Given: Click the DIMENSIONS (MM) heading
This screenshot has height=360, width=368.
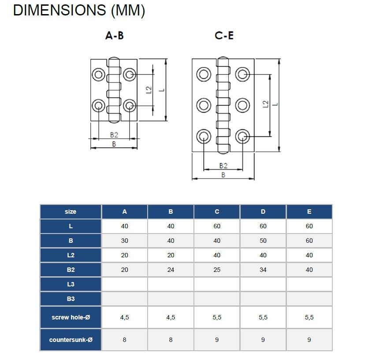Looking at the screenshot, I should (79, 11).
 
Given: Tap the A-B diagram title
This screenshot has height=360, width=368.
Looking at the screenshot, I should (115, 36).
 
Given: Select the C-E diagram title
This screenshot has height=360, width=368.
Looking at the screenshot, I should (224, 36).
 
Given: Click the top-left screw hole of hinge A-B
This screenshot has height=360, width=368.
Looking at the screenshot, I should (98, 74).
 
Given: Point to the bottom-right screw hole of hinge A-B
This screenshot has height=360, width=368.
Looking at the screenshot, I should (130, 106).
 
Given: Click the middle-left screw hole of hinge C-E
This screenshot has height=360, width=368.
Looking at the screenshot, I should (204, 105).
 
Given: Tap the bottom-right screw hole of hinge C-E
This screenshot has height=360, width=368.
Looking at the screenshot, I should (242, 137).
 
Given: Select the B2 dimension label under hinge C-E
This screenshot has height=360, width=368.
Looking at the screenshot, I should (223, 166).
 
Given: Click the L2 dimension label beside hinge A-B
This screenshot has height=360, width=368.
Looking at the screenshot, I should (149, 90).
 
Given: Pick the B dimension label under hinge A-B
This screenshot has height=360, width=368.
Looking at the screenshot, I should (114, 144).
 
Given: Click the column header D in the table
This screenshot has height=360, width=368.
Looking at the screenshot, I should (263, 212).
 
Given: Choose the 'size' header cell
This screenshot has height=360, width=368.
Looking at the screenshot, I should (71, 212).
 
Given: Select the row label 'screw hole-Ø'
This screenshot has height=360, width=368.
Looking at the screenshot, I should (71, 317).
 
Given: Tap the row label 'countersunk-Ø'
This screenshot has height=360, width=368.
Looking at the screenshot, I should (71, 340).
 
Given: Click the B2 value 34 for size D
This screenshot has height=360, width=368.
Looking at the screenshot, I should (263, 270).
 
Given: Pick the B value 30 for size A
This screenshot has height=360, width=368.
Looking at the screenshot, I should (125, 241).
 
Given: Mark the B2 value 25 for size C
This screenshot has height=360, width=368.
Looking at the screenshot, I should (217, 270).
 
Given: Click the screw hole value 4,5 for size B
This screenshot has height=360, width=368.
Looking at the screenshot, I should (171, 317).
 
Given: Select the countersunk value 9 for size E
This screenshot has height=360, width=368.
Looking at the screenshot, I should (309, 340).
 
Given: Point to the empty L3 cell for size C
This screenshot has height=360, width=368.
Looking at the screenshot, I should (217, 284).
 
